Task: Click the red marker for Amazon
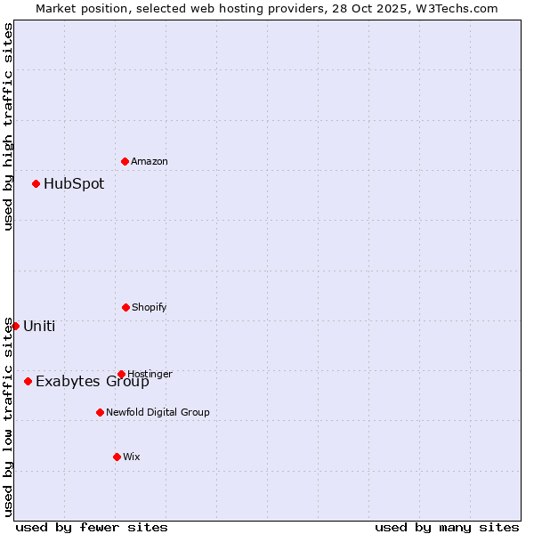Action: tap(125, 161)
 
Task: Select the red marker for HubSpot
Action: tap(36, 183)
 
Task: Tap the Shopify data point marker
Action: tap(125, 307)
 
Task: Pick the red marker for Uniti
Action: tap(15, 326)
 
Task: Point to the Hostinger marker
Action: tap(121, 374)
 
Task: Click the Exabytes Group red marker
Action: tap(28, 381)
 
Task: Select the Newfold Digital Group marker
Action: tap(100, 412)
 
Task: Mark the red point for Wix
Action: tap(117, 457)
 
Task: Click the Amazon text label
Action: tap(150, 161)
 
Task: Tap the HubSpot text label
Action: tap(74, 183)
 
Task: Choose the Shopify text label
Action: tap(149, 307)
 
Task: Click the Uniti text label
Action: tap(39, 326)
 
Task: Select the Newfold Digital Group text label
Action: tap(158, 412)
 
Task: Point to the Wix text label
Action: tap(132, 457)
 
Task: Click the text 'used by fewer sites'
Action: tap(92, 527)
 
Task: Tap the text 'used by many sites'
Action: tap(447, 527)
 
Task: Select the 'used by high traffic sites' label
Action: tap(8, 126)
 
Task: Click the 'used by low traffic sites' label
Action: tap(8, 417)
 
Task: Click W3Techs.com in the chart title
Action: tap(459, 8)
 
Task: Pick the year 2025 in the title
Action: tap(383, 8)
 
